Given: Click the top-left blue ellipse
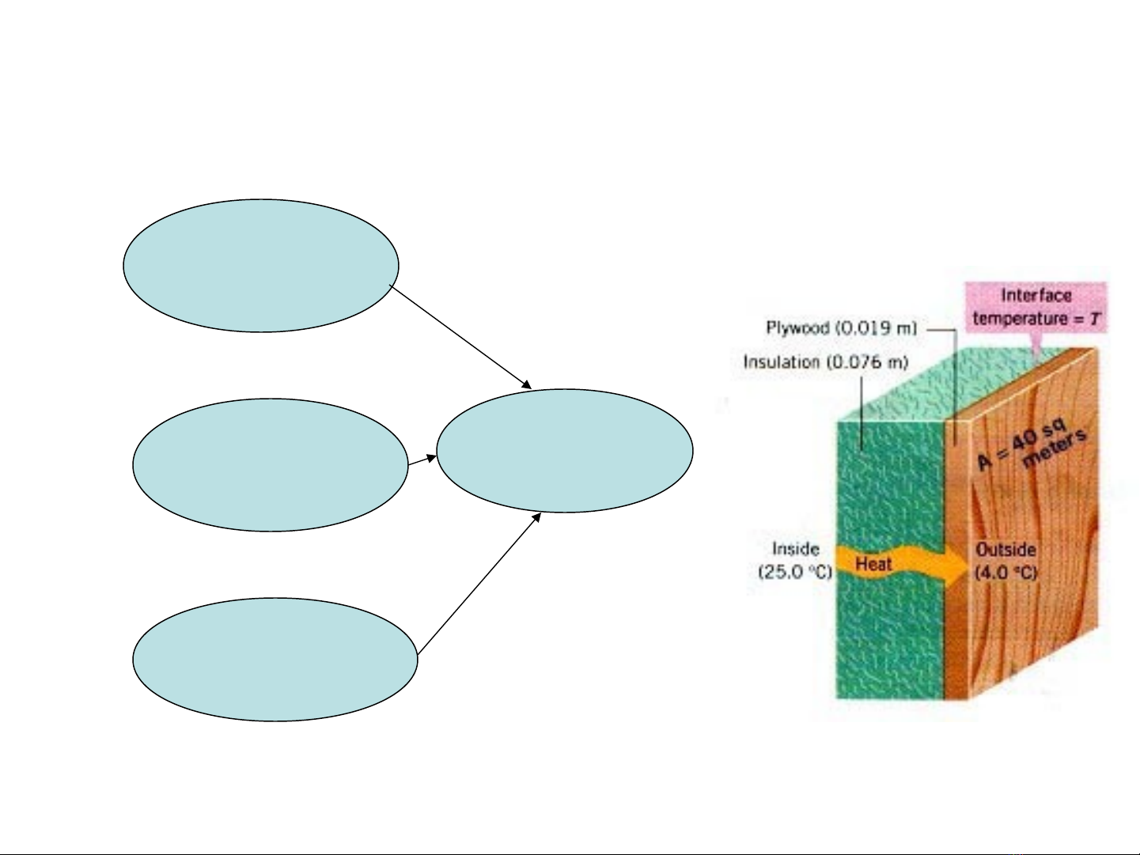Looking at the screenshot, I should click(261, 266).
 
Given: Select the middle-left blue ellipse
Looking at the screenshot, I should click(271, 465).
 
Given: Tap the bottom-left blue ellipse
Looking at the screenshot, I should click(275, 660).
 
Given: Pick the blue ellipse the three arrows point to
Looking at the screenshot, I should click(565, 451).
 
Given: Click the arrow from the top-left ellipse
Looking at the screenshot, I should click(461, 337).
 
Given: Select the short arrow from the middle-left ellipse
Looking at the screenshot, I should click(422, 460).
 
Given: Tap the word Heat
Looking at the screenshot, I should click(873, 564).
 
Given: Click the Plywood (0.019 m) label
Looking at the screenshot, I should click(841, 327).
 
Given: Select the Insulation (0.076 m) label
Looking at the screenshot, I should click(825, 362).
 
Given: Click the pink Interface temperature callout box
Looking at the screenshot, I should click(1036, 307).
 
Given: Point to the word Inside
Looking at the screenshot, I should click(795, 549).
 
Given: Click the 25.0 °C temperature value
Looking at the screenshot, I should click(795, 571).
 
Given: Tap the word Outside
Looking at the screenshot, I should click(1006, 549).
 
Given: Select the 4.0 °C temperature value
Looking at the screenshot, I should click(1006, 572).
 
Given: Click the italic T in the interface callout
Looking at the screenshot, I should click(1095, 319).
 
